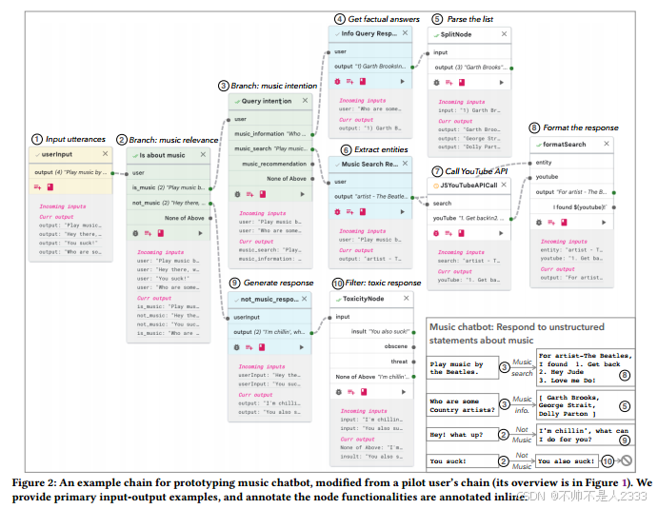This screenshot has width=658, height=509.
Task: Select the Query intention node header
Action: [267, 101]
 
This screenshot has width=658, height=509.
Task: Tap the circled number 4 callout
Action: [339, 18]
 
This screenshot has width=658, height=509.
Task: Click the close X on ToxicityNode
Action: [406, 299]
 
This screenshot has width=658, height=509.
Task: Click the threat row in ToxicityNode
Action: [398, 362]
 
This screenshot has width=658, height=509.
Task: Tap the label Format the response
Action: [580, 127]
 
